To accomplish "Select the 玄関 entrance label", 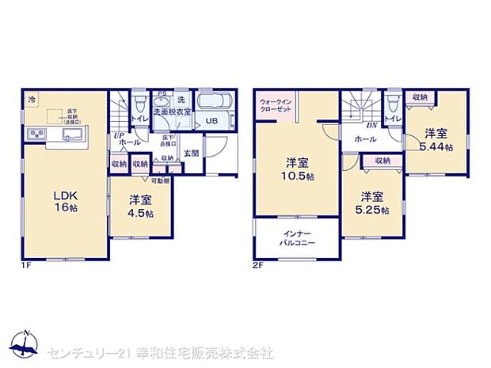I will click(192, 153).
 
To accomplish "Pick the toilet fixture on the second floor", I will click(392, 104).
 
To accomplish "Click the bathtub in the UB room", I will click(211, 103).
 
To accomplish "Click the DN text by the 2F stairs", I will click(371, 124).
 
